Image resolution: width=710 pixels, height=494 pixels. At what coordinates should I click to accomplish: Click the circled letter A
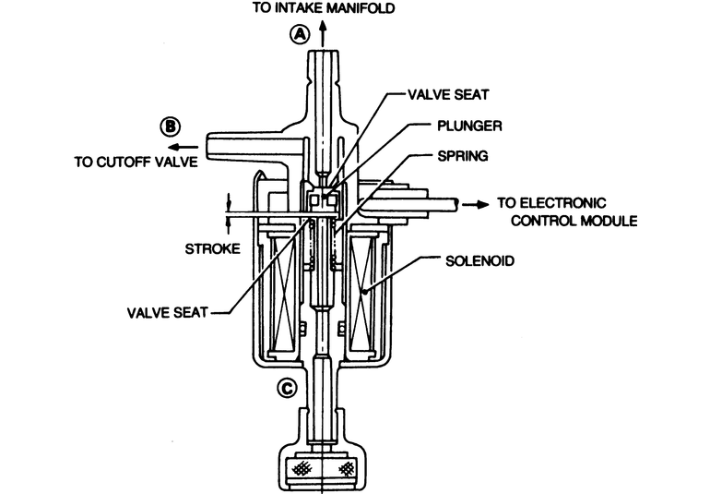click(x=299, y=34)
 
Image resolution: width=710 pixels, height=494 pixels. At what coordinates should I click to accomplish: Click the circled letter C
click(x=287, y=388)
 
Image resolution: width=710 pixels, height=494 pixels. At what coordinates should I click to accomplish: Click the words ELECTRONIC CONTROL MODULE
click(x=564, y=212)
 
